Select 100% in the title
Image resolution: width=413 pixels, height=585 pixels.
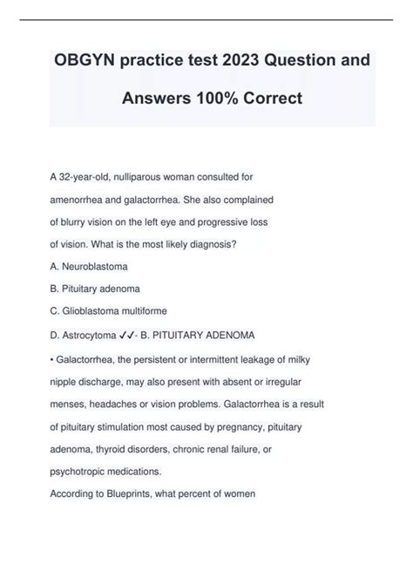219,98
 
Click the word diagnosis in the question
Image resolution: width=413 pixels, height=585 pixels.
223,244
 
